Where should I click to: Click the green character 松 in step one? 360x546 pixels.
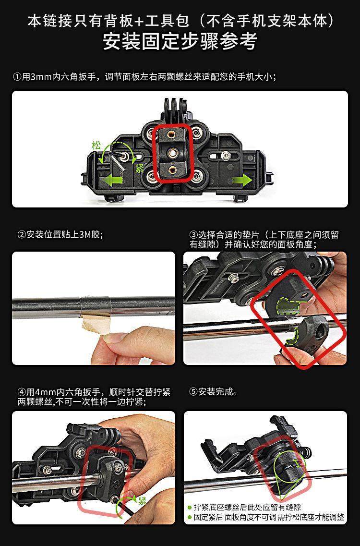tap(96, 145)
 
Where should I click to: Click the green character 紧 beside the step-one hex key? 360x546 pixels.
tap(140, 169)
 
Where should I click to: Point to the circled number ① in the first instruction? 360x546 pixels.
tap(17, 77)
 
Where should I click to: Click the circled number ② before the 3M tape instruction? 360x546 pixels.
tap(22, 234)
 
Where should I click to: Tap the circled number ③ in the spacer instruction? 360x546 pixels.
tap(193, 234)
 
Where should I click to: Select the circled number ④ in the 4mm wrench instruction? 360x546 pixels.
tap(22, 392)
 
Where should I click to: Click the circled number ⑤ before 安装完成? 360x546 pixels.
tap(193, 392)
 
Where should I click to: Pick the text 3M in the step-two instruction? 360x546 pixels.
tap(85, 234)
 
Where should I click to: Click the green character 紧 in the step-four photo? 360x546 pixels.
tap(142, 501)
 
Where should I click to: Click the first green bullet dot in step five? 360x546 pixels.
tap(190, 508)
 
